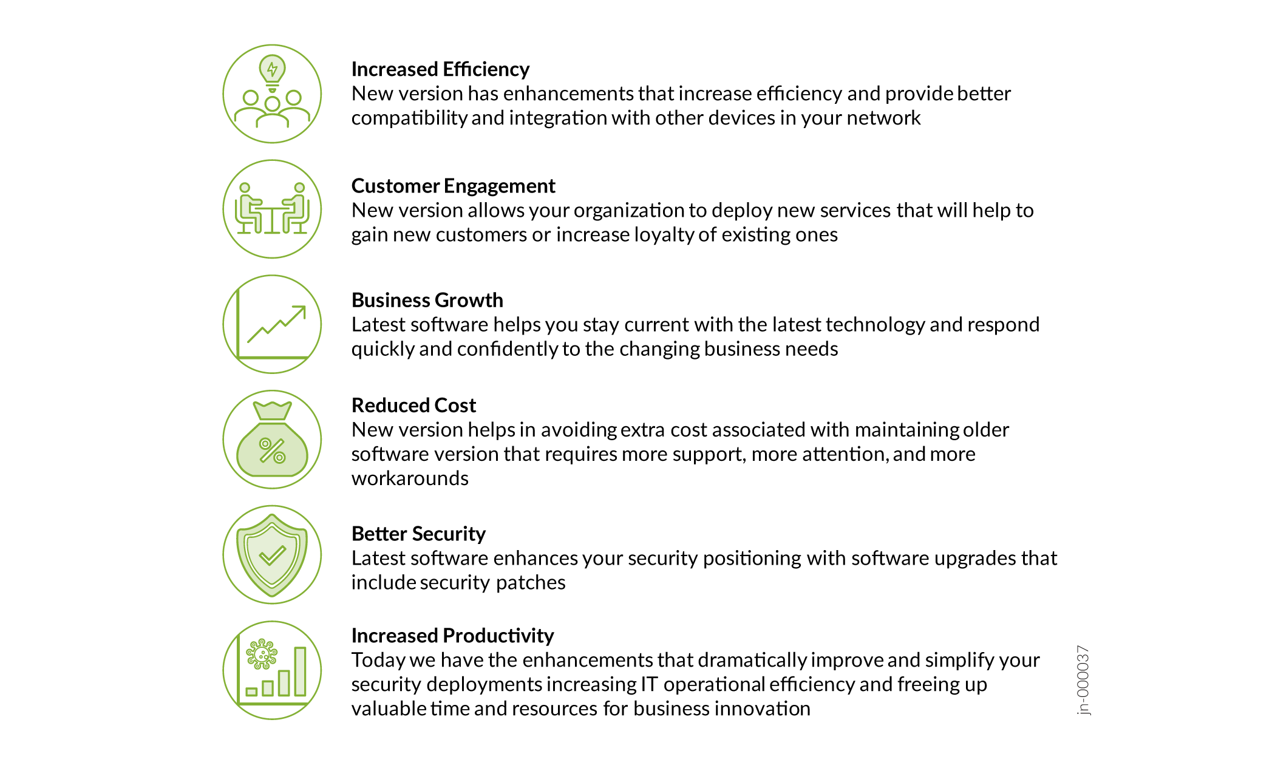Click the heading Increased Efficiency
coord(440,70)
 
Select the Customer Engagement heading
coord(453,186)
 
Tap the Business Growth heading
coord(427,301)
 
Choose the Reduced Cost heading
coord(413,405)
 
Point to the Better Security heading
coord(418,534)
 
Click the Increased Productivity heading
coord(452,636)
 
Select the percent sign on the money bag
coord(272,450)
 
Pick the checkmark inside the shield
coord(272,555)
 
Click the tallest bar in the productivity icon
coord(300,671)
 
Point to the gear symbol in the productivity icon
coord(262,654)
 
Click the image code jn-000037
coord(1083,681)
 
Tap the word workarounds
coord(410,478)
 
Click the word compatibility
coord(409,118)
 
